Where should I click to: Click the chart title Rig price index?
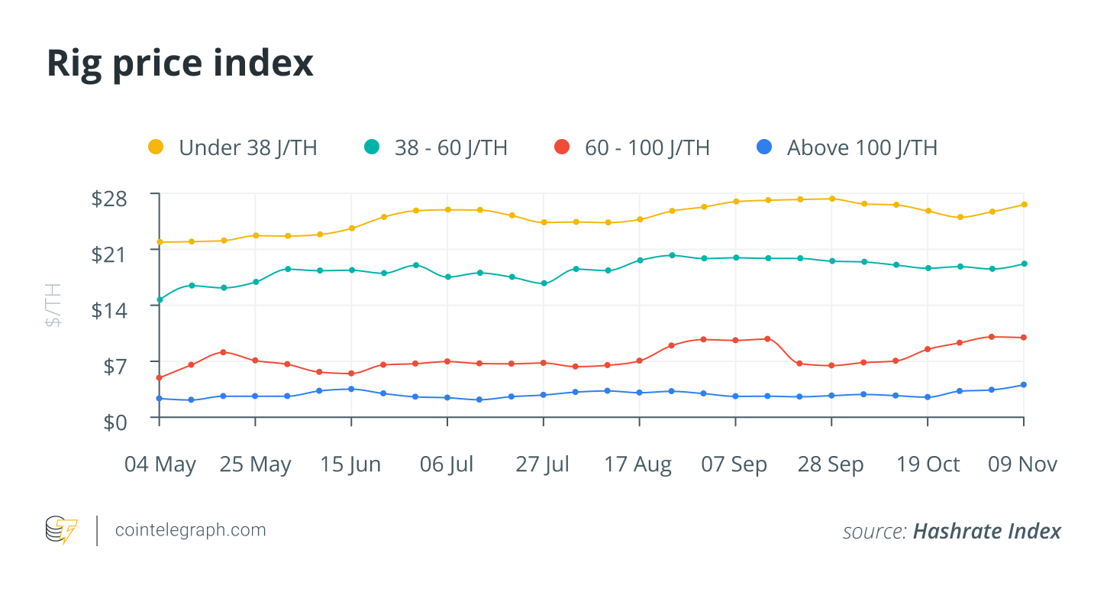180,63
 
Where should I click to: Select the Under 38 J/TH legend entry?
233,147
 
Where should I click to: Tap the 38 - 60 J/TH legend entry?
436,147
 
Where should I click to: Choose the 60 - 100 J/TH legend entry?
633,147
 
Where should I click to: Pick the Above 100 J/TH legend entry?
848,147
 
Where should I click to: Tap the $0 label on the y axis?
118,422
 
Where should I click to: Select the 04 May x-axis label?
160,464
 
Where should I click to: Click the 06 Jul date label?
447,464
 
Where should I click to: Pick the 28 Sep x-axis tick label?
831,464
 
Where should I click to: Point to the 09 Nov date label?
1022,464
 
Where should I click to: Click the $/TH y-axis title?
53,305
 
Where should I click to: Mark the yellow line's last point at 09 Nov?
1024,204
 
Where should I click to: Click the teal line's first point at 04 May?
160,299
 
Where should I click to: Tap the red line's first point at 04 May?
160,377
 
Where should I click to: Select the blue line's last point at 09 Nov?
1024,385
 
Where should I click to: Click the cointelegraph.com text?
190,529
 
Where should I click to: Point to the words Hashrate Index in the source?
986,531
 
